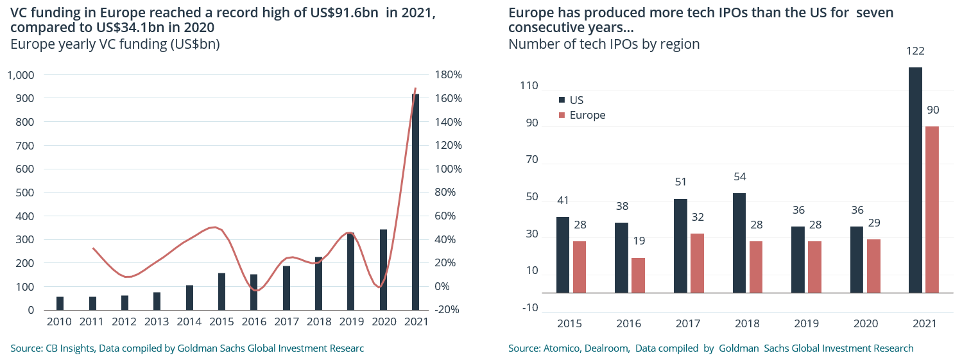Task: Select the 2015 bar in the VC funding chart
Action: (222, 291)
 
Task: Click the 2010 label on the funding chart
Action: (60, 322)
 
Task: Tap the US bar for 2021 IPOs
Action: (916, 180)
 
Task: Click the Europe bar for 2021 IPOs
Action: (932, 209)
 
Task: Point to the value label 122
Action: (916, 51)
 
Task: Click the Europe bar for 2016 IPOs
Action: (638, 275)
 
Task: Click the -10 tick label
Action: (530, 307)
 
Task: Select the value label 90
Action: (932, 110)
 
